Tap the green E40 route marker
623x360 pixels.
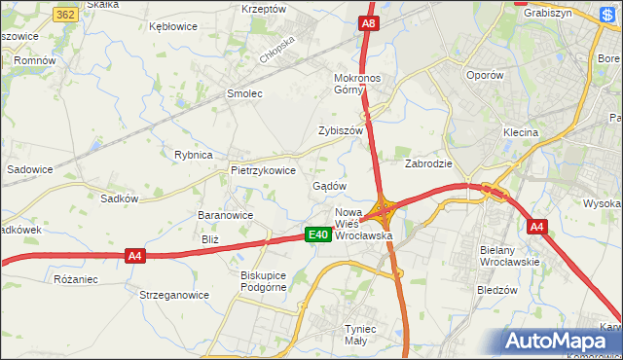coord(316,234)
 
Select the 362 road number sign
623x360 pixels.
coord(66,15)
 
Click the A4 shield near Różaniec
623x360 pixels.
coord(135,256)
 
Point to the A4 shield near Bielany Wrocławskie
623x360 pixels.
coord(536,228)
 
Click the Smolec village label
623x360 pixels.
coord(245,93)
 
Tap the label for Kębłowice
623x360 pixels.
coord(174,26)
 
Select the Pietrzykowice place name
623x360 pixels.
coord(263,169)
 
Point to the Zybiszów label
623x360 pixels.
coord(341,130)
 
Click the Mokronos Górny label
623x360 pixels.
coord(362,84)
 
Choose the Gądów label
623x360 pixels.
coord(329,185)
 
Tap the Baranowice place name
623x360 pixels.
coord(225,215)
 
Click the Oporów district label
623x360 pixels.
coord(484,75)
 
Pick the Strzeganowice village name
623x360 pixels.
coord(174,294)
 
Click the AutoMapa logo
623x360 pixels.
coord(562,340)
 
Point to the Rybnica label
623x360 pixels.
coord(193,155)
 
